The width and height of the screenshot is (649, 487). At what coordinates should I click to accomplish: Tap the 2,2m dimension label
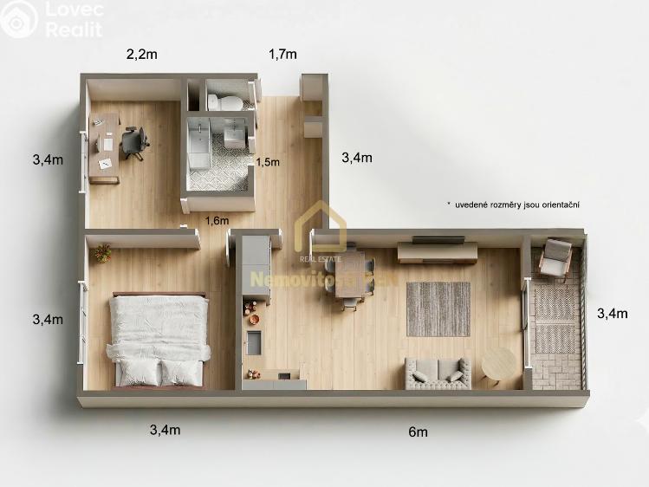(141, 54)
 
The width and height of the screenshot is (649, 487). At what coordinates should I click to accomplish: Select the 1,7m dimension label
(282, 54)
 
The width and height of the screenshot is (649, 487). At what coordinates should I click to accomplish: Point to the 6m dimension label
(419, 431)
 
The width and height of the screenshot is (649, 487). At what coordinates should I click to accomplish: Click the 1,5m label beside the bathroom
(268, 161)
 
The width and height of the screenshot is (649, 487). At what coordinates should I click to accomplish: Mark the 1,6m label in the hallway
(217, 220)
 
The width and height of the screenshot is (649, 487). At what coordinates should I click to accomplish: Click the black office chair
(134, 141)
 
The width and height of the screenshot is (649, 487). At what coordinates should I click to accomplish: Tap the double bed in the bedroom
(159, 338)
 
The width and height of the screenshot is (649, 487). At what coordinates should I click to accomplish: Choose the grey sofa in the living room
(438, 373)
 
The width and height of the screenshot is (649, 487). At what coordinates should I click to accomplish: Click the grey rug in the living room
(438, 308)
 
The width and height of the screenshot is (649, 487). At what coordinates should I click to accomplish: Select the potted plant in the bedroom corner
(103, 253)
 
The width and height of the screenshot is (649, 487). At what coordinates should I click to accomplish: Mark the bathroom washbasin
(234, 134)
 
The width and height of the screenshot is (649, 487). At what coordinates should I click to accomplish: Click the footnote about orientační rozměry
(513, 205)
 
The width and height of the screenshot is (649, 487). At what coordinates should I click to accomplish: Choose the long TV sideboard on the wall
(437, 252)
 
